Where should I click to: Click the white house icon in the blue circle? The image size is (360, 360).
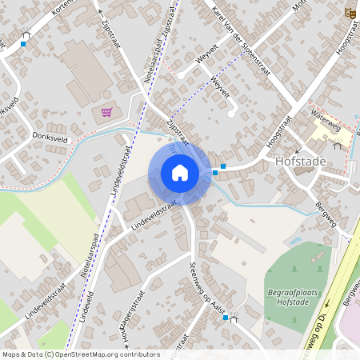180,172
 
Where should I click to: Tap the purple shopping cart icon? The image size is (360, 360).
107,112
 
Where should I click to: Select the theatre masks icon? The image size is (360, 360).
349,13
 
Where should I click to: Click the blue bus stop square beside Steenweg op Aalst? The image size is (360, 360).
226,318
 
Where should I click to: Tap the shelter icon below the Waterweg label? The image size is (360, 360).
337,146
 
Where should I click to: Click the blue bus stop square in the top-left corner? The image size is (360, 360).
22,43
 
